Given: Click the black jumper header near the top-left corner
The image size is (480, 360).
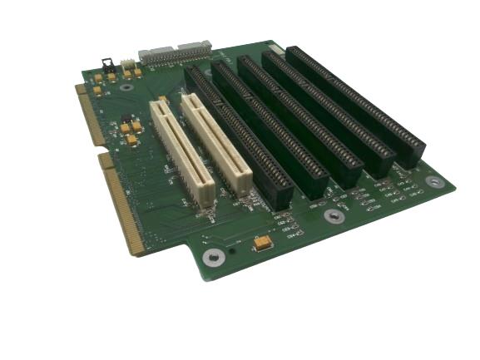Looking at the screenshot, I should point(106,63).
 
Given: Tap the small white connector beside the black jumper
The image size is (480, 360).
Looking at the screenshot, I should point(127,65).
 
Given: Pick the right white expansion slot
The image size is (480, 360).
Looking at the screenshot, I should point(216,143).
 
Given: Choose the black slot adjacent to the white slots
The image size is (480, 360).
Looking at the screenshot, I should point(239,137).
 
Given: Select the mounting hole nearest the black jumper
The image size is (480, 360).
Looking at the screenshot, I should point(126,86).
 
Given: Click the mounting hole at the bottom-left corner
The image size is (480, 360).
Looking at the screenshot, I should point(213,258).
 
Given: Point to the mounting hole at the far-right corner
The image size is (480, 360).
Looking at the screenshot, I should point(433,181).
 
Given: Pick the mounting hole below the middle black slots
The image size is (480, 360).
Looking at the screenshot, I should point(334,216).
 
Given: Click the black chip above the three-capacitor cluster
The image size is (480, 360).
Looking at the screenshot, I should point(125,117).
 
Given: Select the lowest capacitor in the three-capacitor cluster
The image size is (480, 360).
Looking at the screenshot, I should point(131,141).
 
